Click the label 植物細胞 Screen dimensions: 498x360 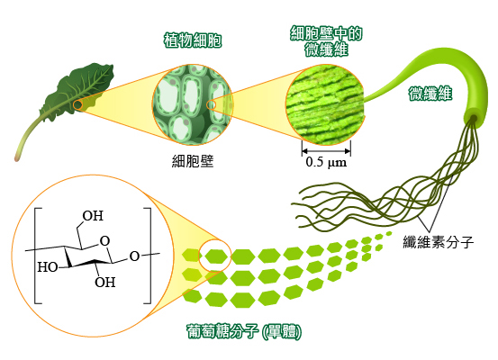[x=193, y=40]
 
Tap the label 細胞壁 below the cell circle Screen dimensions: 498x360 [x=193, y=161]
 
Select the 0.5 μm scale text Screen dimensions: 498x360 [x=326, y=162]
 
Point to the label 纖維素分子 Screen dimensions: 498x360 [x=439, y=242]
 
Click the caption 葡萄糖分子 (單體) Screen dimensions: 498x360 [x=244, y=332]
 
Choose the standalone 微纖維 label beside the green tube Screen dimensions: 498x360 [x=430, y=94]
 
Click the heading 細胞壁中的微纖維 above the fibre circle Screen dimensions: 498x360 [x=326, y=41]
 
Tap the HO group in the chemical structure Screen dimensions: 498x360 [x=48, y=267]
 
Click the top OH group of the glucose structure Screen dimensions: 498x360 [x=93, y=216]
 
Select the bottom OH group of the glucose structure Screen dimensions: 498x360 [x=104, y=282]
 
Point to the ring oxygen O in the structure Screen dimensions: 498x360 [x=104, y=241]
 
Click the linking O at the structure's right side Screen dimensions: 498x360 [x=134, y=256]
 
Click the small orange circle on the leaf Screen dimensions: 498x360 [x=77, y=105]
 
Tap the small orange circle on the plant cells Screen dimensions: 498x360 [x=212, y=104]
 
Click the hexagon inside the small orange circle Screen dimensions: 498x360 [x=216, y=256]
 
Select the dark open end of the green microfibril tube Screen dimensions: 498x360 [x=472, y=119]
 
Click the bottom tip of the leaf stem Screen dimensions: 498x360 [x=16, y=158]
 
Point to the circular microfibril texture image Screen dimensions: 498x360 [x=325, y=104]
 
